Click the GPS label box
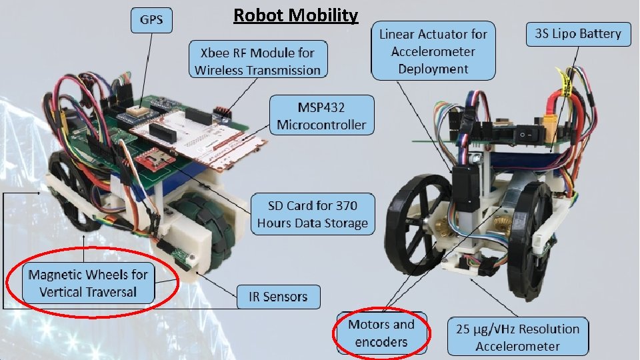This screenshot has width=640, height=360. tap(150, 20)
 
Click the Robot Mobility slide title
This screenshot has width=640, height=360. tap(295, 15)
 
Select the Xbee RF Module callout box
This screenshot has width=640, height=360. tap(257, 61)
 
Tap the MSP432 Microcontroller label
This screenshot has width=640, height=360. tap(321, 115)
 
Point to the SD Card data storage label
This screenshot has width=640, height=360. tap(313, 213)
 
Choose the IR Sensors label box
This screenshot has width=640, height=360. tap(279, 297)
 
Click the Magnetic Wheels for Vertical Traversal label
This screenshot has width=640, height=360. tap(88, 283)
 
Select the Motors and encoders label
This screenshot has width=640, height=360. tap(381, 333)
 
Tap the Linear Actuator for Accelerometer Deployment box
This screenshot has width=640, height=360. tap(433, 51)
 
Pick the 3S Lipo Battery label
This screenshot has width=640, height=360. tap(577, 35)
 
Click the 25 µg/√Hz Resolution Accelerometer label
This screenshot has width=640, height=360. tap(517, 337)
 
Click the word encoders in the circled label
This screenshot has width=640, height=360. tap(381, 342)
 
